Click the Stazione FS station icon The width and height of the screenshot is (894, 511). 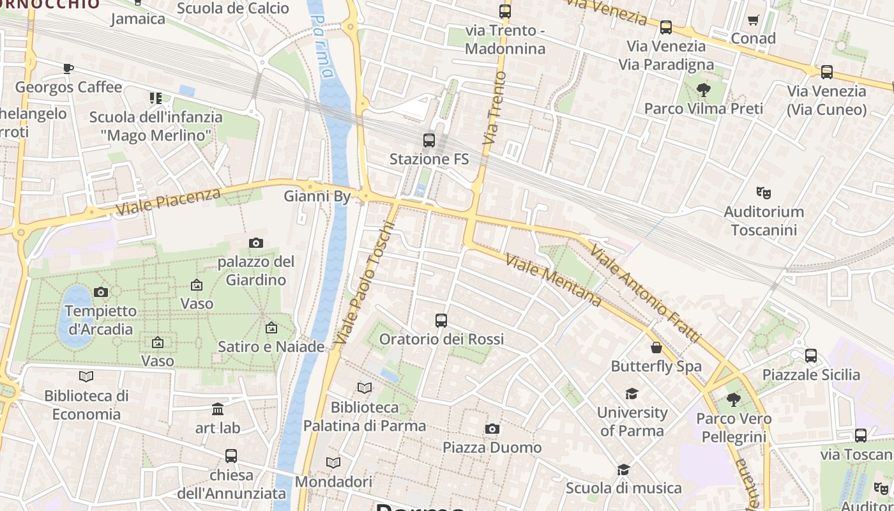(429, 141)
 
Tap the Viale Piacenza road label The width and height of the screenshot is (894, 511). (169, 200)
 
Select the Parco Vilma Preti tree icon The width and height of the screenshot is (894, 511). (704, 90)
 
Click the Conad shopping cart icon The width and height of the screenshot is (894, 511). (753, 20)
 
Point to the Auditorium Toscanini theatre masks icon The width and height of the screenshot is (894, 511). (762, 192)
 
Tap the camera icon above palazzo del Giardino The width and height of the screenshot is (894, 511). (256, 243)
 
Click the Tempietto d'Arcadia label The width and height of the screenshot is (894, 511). (101, 320)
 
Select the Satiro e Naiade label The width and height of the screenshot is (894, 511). (271, 347)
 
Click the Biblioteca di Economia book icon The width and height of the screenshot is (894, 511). (86, 376)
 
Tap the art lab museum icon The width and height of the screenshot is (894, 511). (218, 409)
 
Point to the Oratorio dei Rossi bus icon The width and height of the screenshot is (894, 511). (441, 320)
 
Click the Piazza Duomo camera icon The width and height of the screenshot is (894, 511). (492, 429)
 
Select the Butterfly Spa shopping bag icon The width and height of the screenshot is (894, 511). (656, 347)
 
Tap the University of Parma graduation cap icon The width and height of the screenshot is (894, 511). (632, 393)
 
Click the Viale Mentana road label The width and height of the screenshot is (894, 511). (553, 280)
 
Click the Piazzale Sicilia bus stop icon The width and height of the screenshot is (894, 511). (811, 356)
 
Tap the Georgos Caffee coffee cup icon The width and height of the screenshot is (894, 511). (68, 68)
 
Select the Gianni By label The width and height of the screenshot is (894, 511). (317, 196)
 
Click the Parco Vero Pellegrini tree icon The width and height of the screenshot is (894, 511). (733, 400)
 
